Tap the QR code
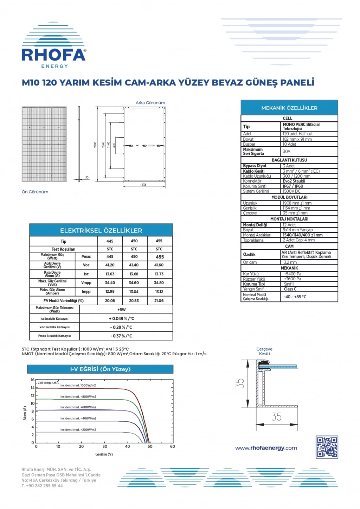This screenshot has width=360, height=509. click(x=327, y=447)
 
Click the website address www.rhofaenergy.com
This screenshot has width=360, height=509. click(x=266, y=448)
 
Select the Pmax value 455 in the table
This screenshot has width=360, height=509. click(x=159, y=257)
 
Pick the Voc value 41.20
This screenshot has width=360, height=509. click(x=110, y=265)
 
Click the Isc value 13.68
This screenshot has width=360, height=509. click(x=134, y=274)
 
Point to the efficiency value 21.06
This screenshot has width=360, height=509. click(x=159, y=301)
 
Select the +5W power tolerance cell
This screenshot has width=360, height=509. click(x=121, y=310)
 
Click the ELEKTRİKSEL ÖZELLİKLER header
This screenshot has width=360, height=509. click(x=101, y=230)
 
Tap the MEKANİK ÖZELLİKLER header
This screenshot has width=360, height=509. click(x=289, y=108)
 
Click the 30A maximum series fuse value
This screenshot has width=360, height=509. click(x=287, y=152)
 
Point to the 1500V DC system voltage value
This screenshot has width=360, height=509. click(x=292, y=191)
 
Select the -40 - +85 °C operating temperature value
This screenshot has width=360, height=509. click(x=295, y=297)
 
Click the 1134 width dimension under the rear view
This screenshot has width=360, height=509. click(x=143, y=185)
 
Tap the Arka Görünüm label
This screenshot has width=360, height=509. click(x=150, y=103)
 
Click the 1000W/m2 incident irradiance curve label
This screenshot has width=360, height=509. click(x=78, y=386)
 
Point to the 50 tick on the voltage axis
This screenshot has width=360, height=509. click(x=150, y=446)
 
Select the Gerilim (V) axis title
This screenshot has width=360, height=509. click(x=104, y=454)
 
